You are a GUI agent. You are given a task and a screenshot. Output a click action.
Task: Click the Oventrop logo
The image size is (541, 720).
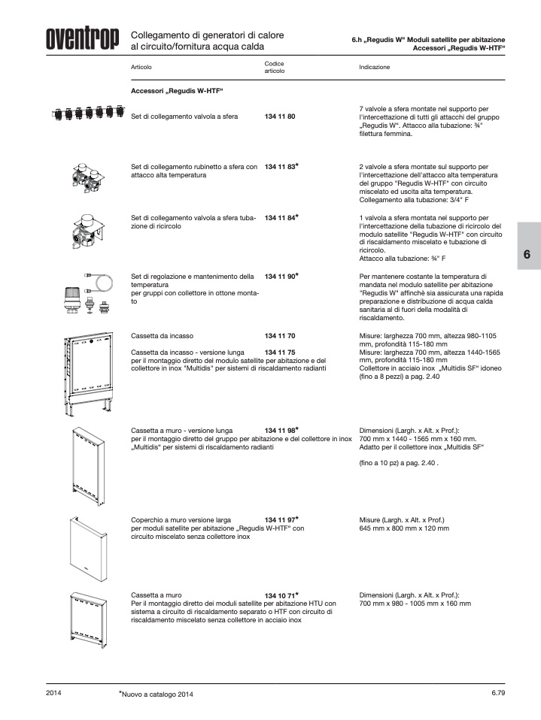[82, 39]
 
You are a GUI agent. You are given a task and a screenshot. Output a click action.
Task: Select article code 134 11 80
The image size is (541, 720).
[280, 116]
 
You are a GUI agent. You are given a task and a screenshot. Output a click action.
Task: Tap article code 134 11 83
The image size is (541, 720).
[280, 167]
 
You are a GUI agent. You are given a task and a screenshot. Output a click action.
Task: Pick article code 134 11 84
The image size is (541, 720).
[280, 218]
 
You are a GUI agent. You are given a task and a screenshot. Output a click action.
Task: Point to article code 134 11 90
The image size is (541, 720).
[280, 277]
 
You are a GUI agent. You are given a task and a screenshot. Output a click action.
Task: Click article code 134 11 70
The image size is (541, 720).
[280, 336]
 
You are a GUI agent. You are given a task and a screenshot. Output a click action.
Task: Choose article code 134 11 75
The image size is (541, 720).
[280, 352]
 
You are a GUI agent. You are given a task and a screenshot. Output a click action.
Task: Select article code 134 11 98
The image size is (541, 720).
[280, 431]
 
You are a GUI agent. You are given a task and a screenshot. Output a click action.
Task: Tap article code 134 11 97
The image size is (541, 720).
[280, 520]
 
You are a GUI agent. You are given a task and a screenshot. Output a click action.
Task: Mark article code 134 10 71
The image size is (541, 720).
[280, 595]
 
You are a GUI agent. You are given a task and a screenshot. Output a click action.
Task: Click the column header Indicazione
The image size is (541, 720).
[374, 67]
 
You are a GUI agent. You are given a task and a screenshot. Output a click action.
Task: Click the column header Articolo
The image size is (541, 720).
[141, 67]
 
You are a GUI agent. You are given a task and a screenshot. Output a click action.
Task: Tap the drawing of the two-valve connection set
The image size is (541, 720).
[88, 177]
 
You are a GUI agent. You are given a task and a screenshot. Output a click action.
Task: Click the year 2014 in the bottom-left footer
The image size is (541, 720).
[53, 693]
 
